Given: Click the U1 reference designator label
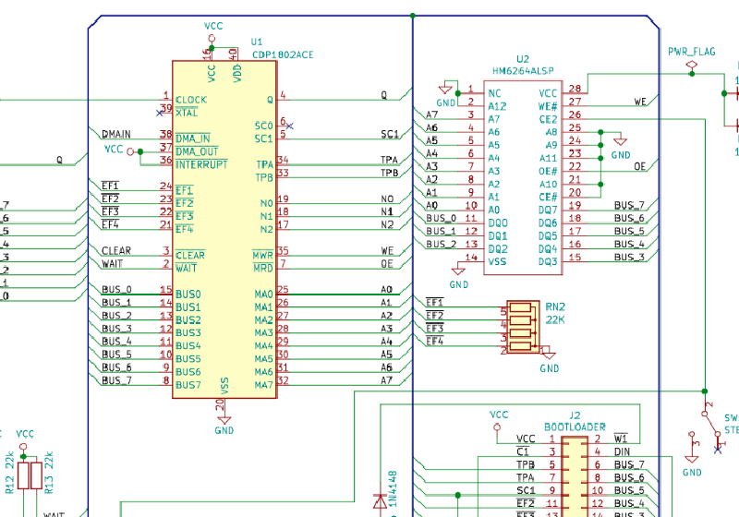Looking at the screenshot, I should (x=257, y=42).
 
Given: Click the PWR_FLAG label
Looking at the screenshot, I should (x=691, y=52).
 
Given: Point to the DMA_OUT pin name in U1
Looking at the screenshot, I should (x=197, y=150).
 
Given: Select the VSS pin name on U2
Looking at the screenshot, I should (x=497, y=261).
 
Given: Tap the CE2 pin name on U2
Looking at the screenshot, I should (x=549, y=119).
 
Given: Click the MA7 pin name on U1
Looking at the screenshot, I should (x=263, y=380).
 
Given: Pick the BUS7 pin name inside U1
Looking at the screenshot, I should (x=188, y=384).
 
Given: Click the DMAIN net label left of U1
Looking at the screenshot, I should (x=116, y=135).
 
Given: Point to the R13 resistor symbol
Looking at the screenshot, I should (x=37, y=475).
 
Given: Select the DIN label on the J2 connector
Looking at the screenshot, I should (x=623, y=451).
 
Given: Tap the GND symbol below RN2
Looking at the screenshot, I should (x=549, y=356).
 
